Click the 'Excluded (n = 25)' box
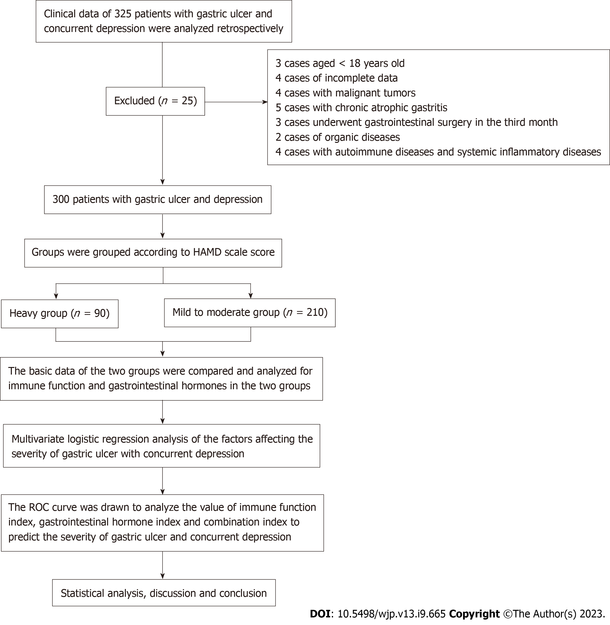(155, 101)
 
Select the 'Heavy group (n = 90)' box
(59, 314)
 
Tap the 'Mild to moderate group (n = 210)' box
(250, 313)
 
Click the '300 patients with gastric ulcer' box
(158, 199)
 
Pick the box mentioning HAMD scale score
(153, 253)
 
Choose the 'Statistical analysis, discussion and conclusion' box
(164, 593)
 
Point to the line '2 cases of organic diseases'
(338, 137)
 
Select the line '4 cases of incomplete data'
(336, 78)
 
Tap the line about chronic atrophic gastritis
(361, 108)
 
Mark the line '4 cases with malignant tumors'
(345, 93)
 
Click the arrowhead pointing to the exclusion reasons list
(265, 102)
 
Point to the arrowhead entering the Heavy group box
(56, 296)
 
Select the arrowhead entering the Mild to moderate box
(250, 296)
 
